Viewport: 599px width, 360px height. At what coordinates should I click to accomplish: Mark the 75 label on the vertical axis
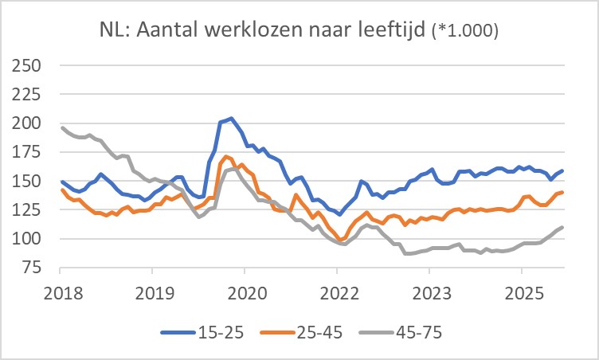point(32,268)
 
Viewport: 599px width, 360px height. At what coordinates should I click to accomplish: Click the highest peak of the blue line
point(231,118)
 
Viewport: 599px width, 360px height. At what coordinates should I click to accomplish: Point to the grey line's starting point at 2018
point(62,127)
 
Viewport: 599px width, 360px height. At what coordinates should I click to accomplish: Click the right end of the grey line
point(562,227)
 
